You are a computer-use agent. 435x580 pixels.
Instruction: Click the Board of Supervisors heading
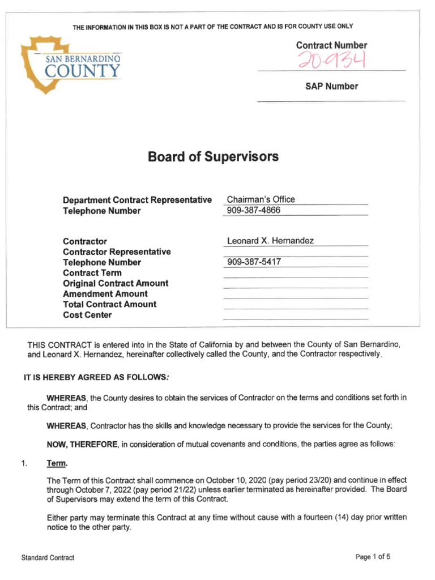pos(213,156)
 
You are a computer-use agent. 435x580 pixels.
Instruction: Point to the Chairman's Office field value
pos(261,199)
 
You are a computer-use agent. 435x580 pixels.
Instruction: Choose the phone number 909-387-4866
pos(253,211)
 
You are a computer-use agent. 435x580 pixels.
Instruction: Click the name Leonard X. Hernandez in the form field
pos(270,241)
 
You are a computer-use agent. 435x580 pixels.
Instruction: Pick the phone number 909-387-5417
pos(254,262)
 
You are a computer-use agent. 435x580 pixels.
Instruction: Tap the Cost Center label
pos(87,315)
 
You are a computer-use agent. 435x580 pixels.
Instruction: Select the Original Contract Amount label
pos(116,283)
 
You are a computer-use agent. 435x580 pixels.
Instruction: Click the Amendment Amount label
pos(105,294)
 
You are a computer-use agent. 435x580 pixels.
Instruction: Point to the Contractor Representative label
pos(116,251)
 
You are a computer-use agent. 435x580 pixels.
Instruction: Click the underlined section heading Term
pos(57,464)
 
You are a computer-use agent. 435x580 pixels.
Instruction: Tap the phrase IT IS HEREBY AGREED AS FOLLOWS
pos(95,377)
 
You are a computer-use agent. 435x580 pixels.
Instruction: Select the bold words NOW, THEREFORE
pos(82,445)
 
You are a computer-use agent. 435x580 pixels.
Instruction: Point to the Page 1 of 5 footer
pos(373,557)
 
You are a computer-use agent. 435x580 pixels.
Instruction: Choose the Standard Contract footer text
pos(48,558)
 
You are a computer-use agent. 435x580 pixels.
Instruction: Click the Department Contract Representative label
pos(137,200)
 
